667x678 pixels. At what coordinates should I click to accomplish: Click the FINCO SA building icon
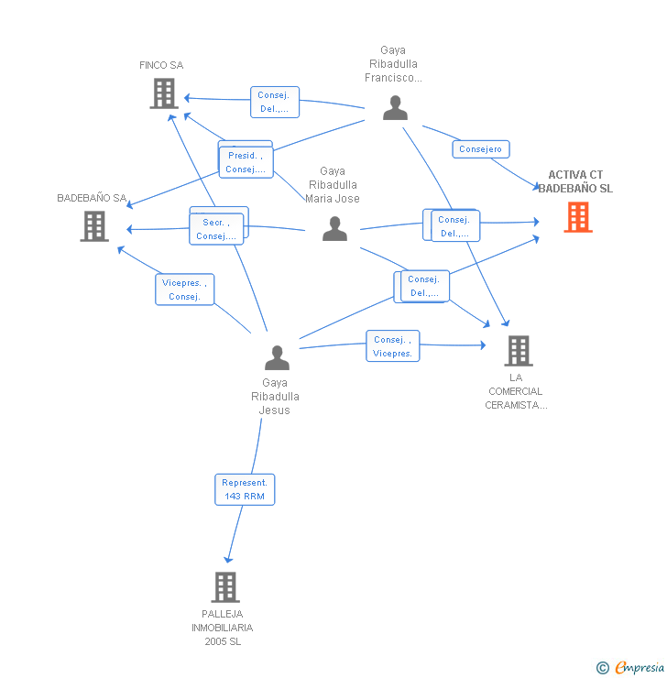163,93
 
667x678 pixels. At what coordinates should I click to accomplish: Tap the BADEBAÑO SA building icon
94,226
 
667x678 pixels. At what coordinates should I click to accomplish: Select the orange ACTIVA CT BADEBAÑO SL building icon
577,217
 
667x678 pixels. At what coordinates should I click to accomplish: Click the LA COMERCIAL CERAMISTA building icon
518,350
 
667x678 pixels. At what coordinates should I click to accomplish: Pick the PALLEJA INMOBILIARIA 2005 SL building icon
225,586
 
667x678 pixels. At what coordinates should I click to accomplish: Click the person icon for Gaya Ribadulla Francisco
395,108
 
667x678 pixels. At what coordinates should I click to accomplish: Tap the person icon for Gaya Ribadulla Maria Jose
335,229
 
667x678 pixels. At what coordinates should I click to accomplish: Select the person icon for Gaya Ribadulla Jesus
277,358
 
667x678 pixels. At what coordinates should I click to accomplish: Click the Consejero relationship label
480,148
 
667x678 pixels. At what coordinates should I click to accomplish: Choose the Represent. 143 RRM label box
245,489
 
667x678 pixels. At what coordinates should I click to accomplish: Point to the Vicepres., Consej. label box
184,290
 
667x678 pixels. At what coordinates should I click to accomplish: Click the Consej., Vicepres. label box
393,346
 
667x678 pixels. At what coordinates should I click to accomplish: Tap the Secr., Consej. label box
217,229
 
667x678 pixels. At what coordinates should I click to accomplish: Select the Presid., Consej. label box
246,162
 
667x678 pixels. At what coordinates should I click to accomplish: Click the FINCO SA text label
161,65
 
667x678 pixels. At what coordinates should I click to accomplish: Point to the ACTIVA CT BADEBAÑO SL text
575,181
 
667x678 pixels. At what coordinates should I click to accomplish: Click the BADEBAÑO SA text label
92,198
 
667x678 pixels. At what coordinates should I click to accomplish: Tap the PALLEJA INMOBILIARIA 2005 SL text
223,628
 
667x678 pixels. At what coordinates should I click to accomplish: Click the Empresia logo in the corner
630,668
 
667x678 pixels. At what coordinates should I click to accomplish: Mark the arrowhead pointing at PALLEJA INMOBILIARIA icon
228,560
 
